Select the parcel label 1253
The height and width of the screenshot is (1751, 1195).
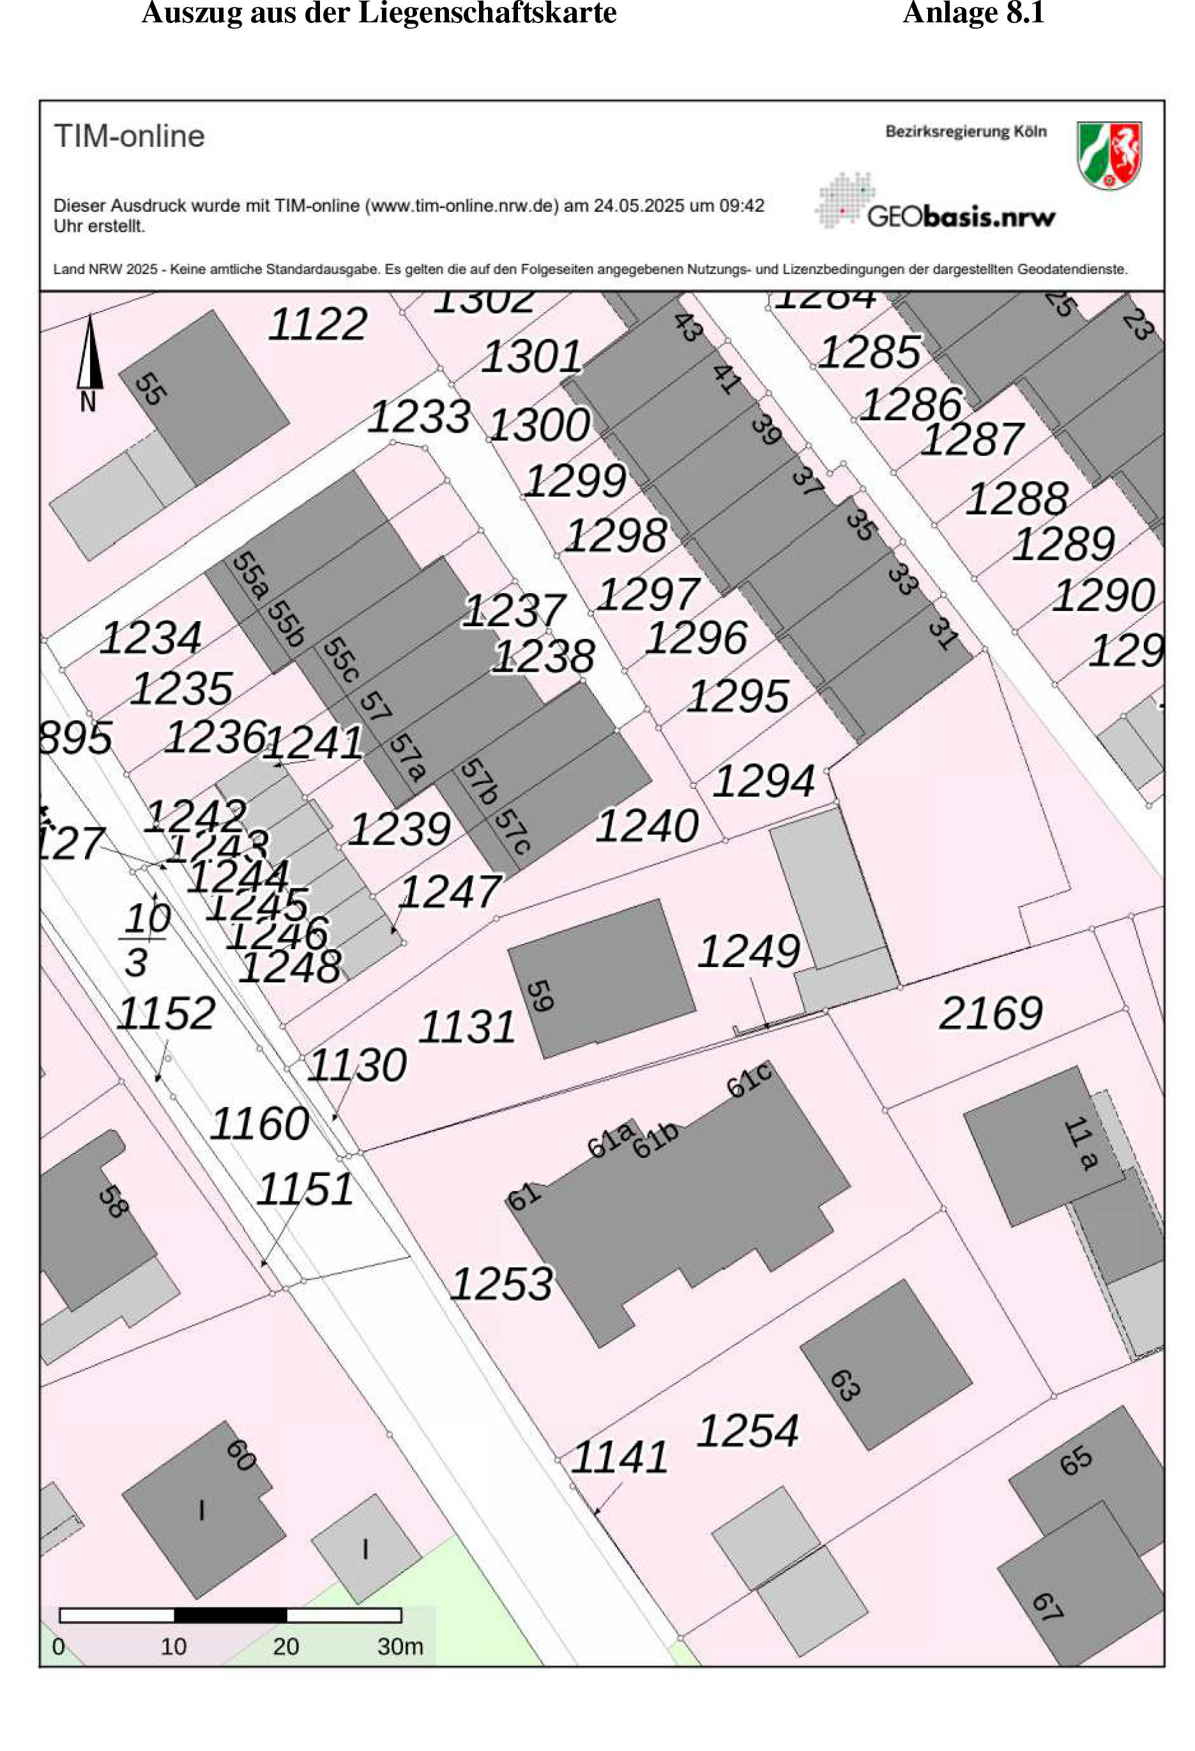(501, 1283)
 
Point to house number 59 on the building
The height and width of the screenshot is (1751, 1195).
(540, 995)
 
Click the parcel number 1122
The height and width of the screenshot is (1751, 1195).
(317, 324)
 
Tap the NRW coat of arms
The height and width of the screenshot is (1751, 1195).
(1109, 155)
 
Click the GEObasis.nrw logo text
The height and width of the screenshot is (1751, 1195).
(961, 217)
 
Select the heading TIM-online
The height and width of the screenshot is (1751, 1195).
(129, 137)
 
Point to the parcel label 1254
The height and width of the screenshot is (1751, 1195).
(747, 1430)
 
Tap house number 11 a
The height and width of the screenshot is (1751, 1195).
(1079, 1145)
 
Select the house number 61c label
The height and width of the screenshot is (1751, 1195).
(749, 1081)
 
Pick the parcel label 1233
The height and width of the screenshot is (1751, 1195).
(419, 417)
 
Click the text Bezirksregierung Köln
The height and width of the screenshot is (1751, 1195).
(966, 132)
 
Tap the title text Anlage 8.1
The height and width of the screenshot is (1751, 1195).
(973, 13)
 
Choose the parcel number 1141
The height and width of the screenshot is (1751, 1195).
(619, 1457)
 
